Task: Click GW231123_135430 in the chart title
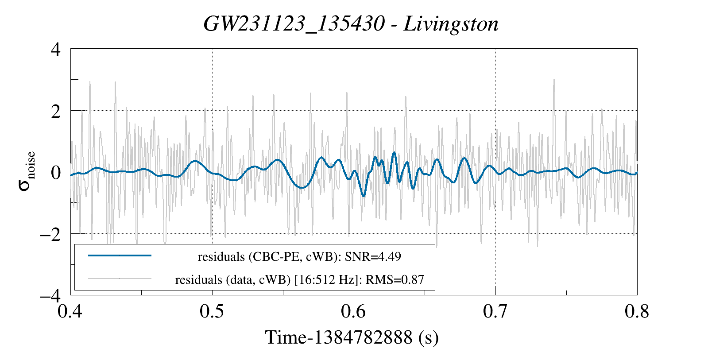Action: tap(294, 24)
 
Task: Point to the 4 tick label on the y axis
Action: tap(56, 50)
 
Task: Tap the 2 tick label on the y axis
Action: tap(56, 111)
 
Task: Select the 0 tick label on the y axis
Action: tap(56, 173)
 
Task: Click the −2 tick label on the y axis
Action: tap(50, 235)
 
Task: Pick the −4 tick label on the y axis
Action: tap(50, 296)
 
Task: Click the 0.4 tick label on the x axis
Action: tap(70, 311)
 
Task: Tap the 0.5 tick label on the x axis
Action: tap(212, 311)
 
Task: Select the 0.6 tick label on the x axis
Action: tap(353, 311)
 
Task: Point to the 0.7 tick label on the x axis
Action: tap(495, 311)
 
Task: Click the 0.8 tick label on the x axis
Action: tap(637, 311)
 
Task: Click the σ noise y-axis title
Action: tap(27, 171)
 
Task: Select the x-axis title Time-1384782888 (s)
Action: tap(352, 337)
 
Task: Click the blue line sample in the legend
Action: tap(120, 255)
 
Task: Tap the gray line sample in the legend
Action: tap(120, 279)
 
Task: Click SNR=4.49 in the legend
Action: tap(373, 256)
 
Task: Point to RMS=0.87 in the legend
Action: tap(395, 280)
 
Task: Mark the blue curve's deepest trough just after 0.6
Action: tap(364, 196)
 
